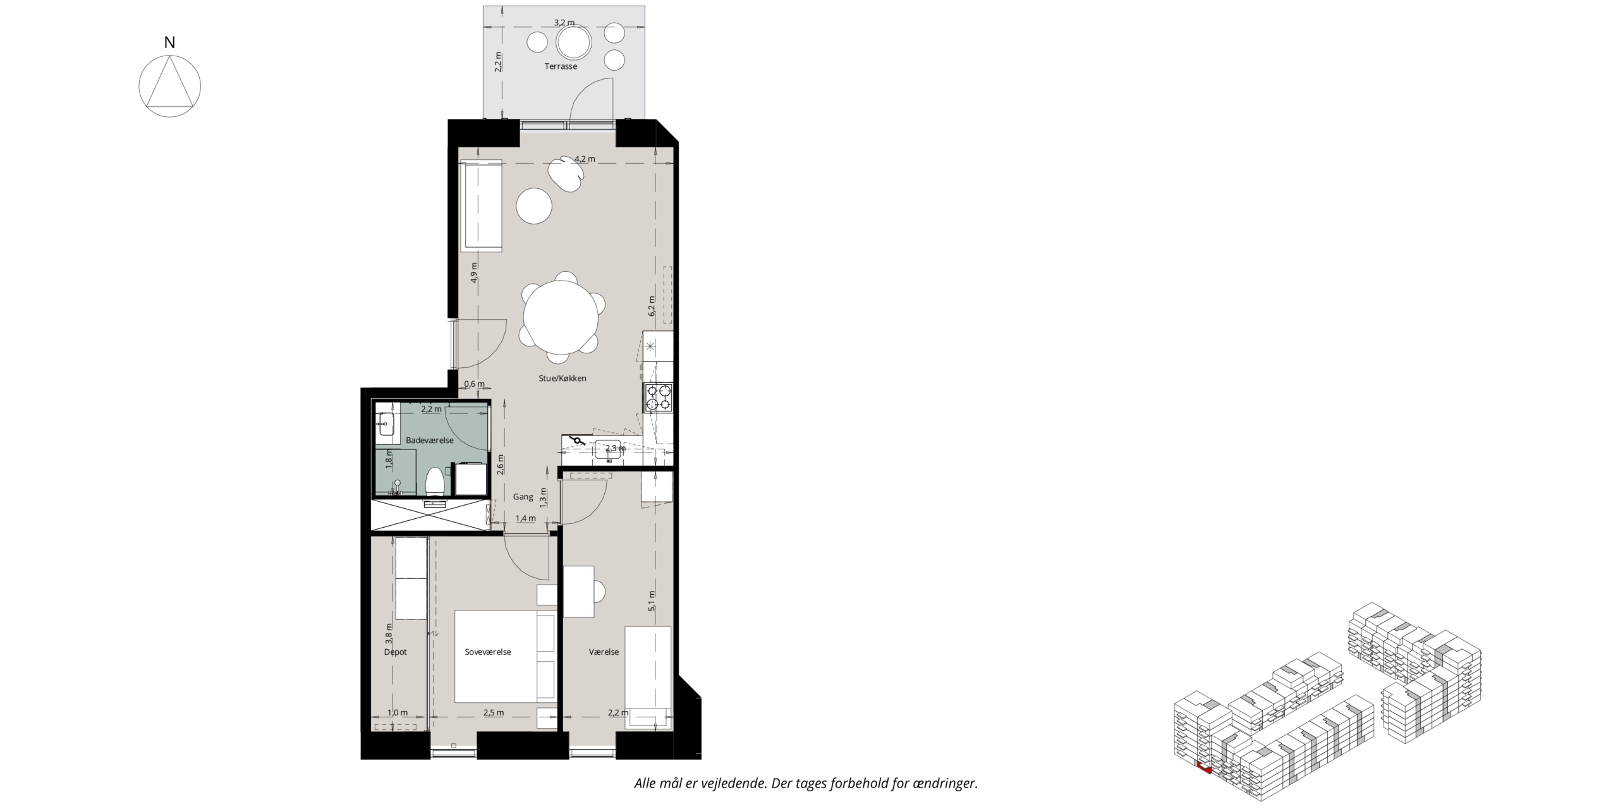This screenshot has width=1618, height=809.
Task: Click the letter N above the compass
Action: [x=169, y=42]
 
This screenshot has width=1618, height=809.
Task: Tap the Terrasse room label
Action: [x=561, y=66]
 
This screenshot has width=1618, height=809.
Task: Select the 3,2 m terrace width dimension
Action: [x=564, y=23]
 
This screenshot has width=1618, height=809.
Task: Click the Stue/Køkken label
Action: [x=563, y=379]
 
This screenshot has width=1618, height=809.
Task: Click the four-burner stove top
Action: [x=658, y=398]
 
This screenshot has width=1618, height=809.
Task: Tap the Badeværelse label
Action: [x=430, y=441]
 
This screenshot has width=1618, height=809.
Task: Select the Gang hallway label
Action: [x=523, y=497]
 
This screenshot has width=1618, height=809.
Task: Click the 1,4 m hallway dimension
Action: [x=525, y=518]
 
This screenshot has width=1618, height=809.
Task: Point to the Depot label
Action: [x=395, y=652]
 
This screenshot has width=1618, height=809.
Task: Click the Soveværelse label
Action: [x=487, y=652]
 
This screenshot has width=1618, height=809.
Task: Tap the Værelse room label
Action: [x=604, y=652]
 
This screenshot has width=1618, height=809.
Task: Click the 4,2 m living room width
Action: [x=585, y=159]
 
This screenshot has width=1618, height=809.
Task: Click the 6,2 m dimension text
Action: [x=652, y=306]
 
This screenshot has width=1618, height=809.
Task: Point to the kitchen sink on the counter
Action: [x=608, y=450]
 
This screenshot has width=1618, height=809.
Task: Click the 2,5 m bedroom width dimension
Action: [x=494, y=713]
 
